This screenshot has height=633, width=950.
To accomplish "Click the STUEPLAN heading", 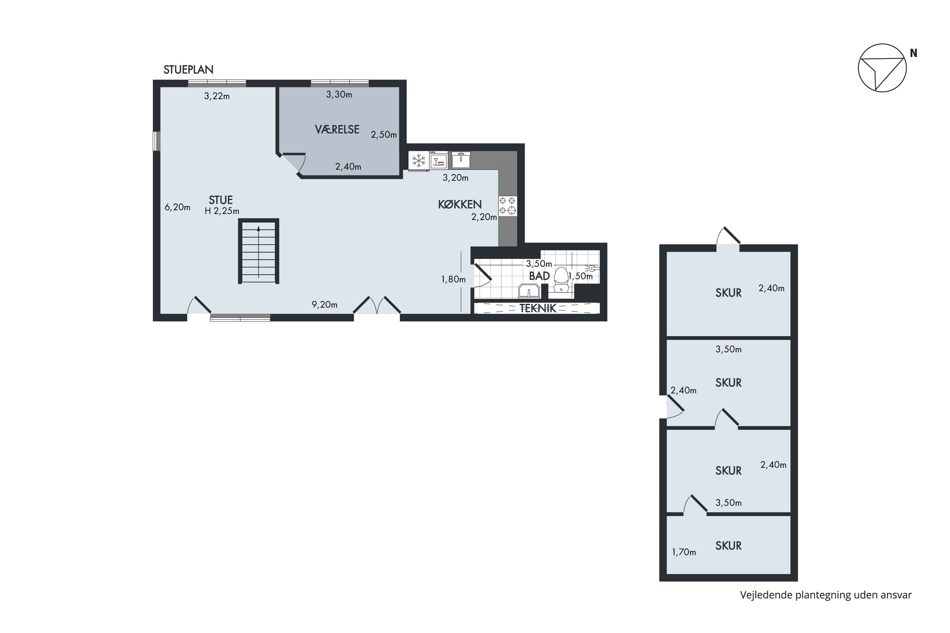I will point(188,70).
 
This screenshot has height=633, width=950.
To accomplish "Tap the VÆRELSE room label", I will point(337,129).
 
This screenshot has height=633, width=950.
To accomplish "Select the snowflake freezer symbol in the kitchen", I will point(418,161).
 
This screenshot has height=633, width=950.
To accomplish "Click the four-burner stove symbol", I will point(507,205).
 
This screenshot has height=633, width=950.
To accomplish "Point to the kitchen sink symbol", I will point(460,160).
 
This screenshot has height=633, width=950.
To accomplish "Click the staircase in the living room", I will point(258,251).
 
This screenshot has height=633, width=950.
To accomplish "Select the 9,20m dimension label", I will point(324,305).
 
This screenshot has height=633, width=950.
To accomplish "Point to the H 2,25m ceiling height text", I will point(222,211).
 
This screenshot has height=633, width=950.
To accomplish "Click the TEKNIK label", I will point(538,308).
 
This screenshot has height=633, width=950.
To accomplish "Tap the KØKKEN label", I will point(460,205).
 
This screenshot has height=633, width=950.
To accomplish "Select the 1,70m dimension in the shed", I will point(684,552).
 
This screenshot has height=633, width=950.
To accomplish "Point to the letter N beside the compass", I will point(913,53).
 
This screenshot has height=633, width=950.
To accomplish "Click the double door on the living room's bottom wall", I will point(377,307).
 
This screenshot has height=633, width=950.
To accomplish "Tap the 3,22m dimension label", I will point(217,97).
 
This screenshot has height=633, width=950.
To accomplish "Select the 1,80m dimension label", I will point(453,279).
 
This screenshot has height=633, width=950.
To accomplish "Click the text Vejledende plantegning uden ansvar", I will point(826,595).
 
